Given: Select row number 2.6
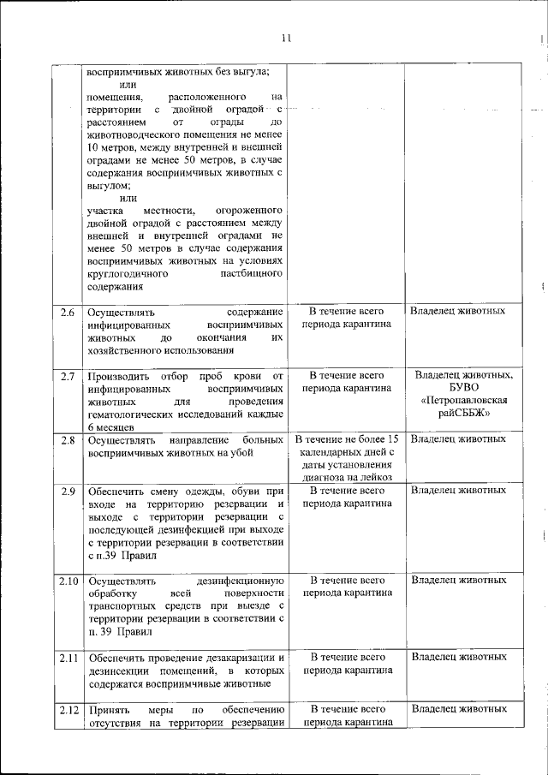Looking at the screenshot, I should point(68,312).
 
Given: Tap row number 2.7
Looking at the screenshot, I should point(68,376).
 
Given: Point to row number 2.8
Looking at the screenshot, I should point(68,440).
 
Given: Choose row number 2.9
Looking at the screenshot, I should point(68,491).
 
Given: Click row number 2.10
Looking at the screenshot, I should point(68,581).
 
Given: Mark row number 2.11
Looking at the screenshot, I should point(68,657).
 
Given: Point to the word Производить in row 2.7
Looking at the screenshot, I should point(118,376).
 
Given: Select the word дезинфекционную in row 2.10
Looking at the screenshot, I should point(240,581).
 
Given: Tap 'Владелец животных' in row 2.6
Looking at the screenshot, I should point(458,312).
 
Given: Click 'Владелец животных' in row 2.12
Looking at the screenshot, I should point(458,709).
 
